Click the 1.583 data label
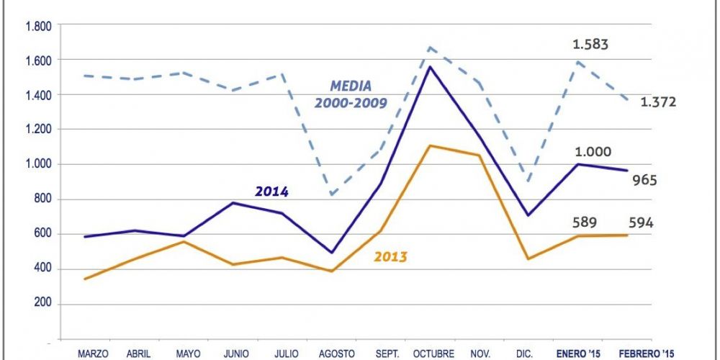tap(590, 45)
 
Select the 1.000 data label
tap(593, 152)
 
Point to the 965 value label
tap(644, 180)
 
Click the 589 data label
tap(585, 222)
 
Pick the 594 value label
tap(639, 222)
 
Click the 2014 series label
tap(271, 192)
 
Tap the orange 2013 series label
tap(390, 256)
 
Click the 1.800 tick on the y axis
tap(37, 26)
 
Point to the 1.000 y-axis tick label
tap(37, 164)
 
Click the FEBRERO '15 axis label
tap(646, 353)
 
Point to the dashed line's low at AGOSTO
tap(330, 194)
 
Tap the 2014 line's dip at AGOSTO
tap(330, 253)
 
